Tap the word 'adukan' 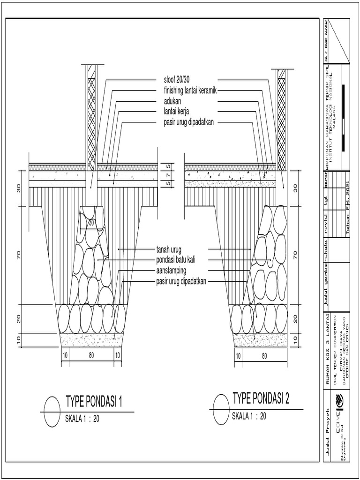(x=172, y=101)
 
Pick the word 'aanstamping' (x=171, y=270)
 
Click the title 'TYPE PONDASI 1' (x=94, y=401)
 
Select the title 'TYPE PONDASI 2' (x=261, y=398)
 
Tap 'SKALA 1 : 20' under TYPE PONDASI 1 (x=82, y=420)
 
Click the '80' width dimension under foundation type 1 (x=91, y=355)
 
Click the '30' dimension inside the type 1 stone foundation (x=91, y=224)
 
